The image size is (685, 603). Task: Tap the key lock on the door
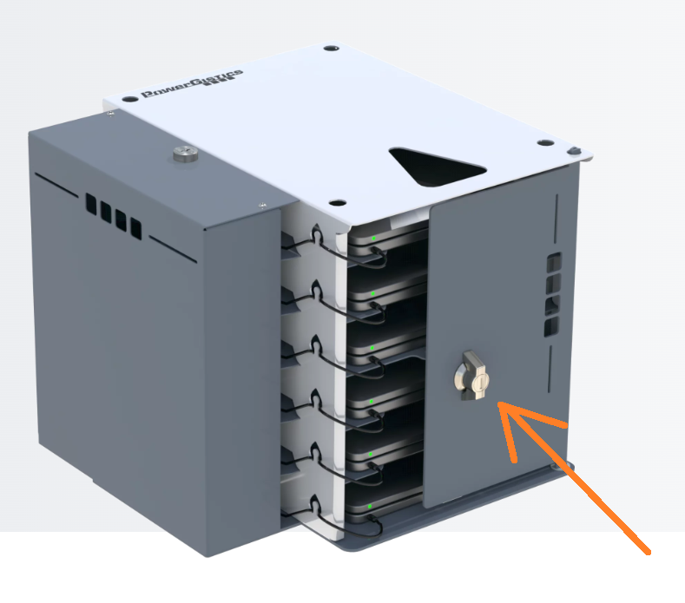pos(472,376)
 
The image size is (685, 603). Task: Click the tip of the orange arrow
pos(499,403)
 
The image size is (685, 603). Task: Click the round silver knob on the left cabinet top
pos(186,154)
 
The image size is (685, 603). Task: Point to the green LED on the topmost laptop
pos(374,239)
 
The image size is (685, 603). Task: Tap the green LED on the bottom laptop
pos(370,506)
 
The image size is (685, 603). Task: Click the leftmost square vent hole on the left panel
pos(91,205)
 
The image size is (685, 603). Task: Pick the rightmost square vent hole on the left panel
pos(136,229)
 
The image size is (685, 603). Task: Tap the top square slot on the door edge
pos(555,262)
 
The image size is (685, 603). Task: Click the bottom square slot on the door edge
pos(551,327)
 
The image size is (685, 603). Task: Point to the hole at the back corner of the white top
pos(331,47)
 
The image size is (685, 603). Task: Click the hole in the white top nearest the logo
pos(129,100)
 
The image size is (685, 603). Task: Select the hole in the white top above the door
pos(544,142)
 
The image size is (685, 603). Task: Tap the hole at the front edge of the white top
pos(337,203)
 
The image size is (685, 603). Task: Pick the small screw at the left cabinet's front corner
pos(262,205)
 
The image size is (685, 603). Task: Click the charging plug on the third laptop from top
pos(373,359)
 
